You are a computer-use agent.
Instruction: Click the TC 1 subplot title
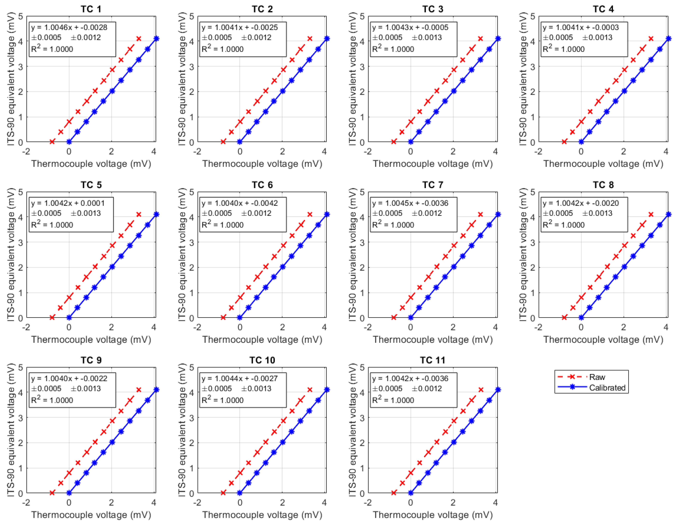pos(91,9)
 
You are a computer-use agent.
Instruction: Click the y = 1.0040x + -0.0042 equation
pos(240,203)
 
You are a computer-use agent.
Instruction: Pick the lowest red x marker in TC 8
pos(564,317)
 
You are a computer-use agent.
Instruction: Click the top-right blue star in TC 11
pos(498,390)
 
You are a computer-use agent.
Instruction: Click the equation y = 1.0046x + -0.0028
pos(69,27)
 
